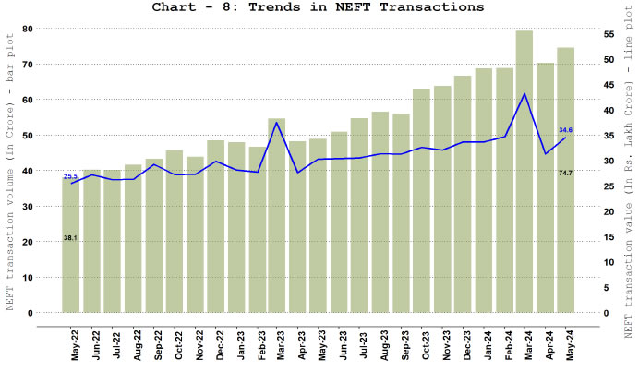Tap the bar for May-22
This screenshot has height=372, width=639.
pyautogui.click(x=71, y=245)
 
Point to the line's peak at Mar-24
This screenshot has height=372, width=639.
pyautogui.click(x=524, y=93)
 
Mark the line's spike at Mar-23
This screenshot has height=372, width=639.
pyautogui.click(x=277, y=123)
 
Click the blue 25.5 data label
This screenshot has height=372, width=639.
pyautogui.click(x=70, y=175)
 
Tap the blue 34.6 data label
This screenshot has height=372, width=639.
pyautogui.click(x=566, y=130)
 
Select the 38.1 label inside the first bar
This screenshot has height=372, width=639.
pyautogui.click(x=70, y=238)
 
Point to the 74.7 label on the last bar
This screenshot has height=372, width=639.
pyautogui.click(x=566, y=173)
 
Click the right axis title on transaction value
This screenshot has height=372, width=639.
pyautogui.click(x=628, y=185)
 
